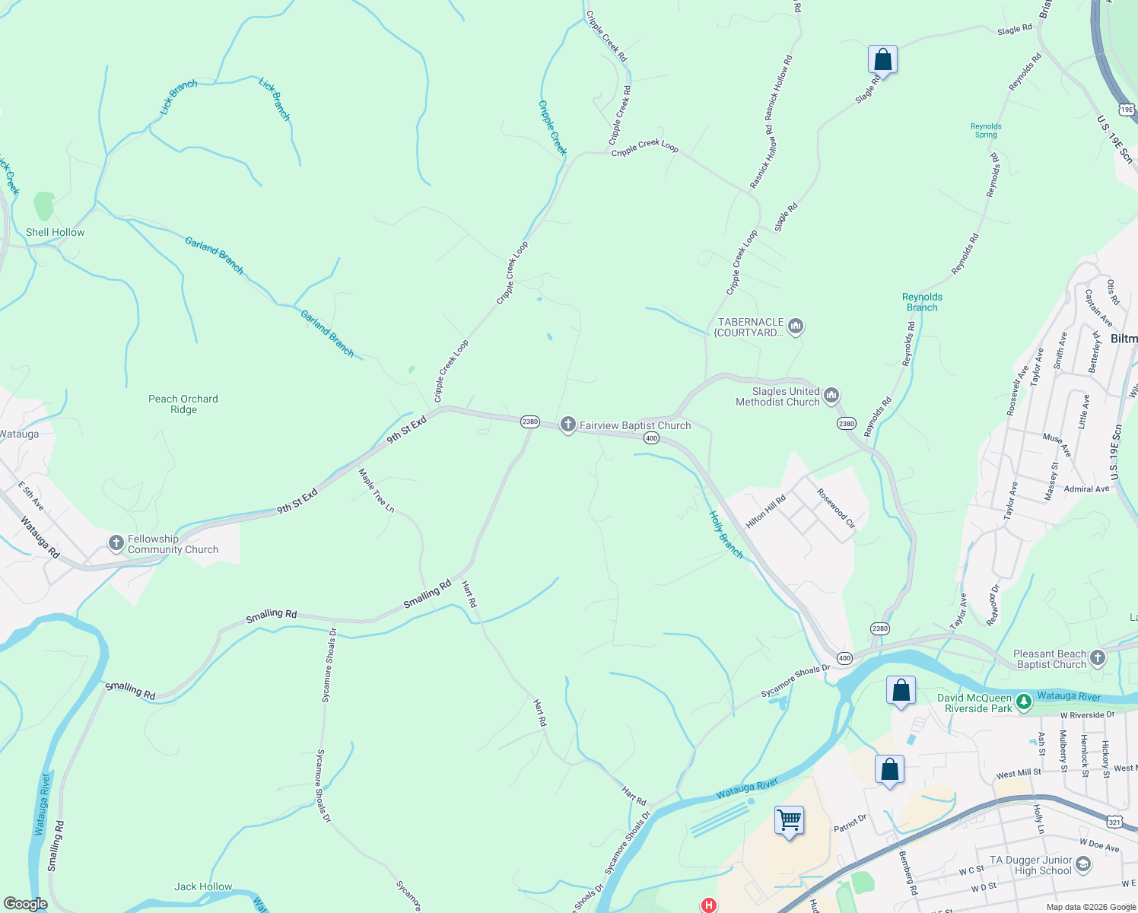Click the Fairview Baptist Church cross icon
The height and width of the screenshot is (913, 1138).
coord(567,425)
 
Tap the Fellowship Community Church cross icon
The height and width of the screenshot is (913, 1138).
coord(116,543)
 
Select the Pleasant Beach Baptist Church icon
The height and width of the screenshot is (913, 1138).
coord(1097,658)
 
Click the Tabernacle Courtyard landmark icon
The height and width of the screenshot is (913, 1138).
coord(796,327)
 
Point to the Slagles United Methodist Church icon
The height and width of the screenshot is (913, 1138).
coord(831,396)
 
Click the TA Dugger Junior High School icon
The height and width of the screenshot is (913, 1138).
coord(1083,865)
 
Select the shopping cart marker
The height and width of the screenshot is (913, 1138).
coord(789,821)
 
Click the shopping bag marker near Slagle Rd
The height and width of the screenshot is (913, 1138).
coord(882,59)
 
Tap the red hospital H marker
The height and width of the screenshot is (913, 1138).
coord(709,905)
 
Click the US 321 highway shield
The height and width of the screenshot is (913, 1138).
coord(1114,822)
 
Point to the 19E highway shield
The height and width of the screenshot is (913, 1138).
coord(1127,110)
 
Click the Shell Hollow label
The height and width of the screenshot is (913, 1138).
coord(56,232)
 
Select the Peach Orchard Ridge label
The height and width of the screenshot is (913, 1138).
coord(183,404)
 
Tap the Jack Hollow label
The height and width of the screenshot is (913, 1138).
coord(203,886)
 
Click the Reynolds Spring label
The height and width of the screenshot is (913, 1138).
coord(986,131)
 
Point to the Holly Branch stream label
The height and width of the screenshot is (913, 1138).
coord(726,535)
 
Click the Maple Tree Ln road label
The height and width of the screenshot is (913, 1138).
coord(377,491)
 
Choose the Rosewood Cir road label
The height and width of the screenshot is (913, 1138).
coord(836,508)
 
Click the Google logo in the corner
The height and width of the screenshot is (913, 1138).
coord(25,904)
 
